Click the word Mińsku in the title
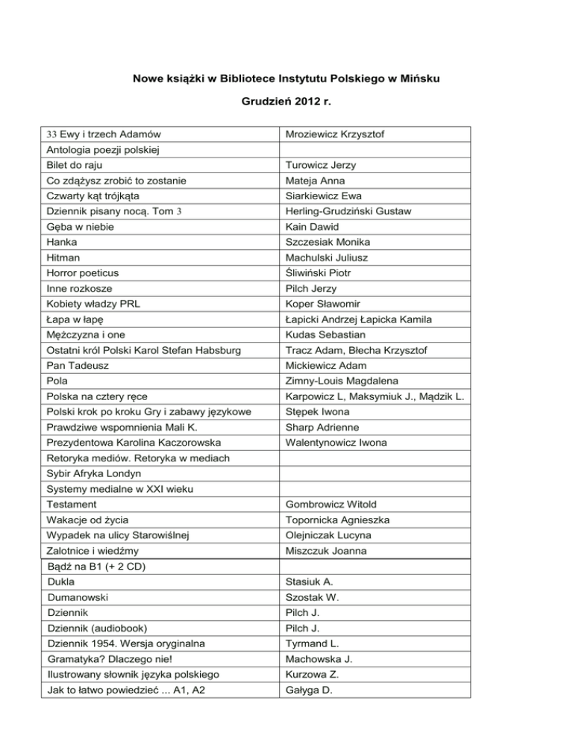(422, 78)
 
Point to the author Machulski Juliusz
(326, 258)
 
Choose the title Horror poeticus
(82, 272)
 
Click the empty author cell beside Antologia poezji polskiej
(374, 150)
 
